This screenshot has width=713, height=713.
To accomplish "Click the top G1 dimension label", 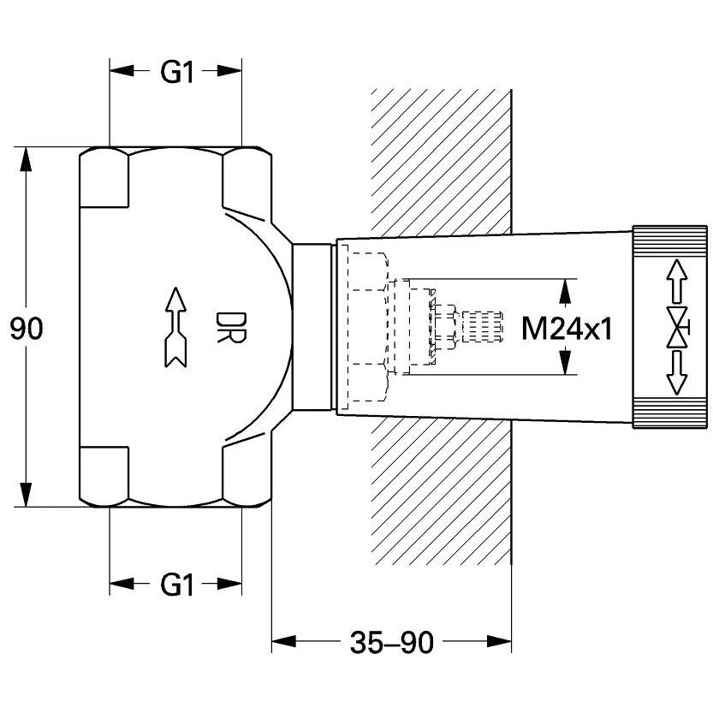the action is pos(177,72).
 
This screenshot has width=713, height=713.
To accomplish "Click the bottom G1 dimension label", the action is pos(177,585).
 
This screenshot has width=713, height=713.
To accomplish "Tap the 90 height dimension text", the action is pos(27,329).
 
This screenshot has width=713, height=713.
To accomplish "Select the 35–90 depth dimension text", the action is pos(391,643).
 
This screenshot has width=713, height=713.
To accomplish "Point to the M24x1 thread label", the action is pos(567,329).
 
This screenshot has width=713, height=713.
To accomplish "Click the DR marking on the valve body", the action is pos(231,327).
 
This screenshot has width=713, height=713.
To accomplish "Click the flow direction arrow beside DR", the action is pos(176,327).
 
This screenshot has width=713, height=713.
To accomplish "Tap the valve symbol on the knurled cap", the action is pos(678,327).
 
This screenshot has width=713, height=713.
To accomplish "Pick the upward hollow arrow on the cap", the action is pos(677,281).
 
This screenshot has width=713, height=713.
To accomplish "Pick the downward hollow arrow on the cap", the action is pos(677,373).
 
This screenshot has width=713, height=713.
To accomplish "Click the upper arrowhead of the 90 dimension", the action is pos(27,159).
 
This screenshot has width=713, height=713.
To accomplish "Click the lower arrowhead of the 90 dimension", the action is pos(27,494).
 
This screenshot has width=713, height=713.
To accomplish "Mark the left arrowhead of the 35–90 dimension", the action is pos(284,642).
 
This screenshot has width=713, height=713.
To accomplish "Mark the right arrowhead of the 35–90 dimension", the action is pos(499,642).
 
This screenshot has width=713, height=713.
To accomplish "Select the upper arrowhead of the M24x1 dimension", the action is pos(565,292).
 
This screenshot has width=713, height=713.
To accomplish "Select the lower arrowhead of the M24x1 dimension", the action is pos(565,362).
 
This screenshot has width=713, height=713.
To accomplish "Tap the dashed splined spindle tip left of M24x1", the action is pos(482,327).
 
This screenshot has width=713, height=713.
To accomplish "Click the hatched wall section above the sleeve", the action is pos(441,162).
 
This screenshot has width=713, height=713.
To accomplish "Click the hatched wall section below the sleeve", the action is pos(441,491).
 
